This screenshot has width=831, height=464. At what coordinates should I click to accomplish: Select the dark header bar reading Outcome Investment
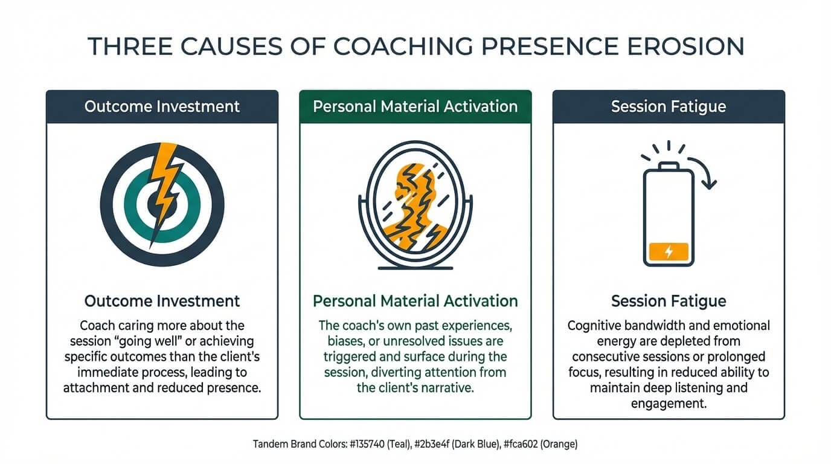[162, 107]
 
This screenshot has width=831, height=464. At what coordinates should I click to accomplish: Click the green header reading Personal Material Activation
[415, 107]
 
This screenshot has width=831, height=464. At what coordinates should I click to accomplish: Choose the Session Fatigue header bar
[669, 107]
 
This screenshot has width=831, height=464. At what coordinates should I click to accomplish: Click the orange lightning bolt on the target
[164, 187]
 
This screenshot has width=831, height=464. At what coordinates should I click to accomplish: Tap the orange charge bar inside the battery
[669, 251]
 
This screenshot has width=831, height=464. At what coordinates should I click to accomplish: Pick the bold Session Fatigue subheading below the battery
[669, 301]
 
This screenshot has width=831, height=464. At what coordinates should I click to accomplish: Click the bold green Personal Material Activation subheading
[415, 301]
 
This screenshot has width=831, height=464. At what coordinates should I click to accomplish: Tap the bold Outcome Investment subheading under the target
[162, 301]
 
